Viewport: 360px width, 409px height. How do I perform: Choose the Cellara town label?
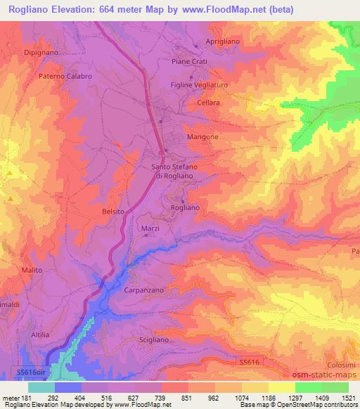coord(209,103)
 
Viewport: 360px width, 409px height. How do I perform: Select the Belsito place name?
coord(114,211)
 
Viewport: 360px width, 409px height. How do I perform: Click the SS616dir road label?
coord(30,371)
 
